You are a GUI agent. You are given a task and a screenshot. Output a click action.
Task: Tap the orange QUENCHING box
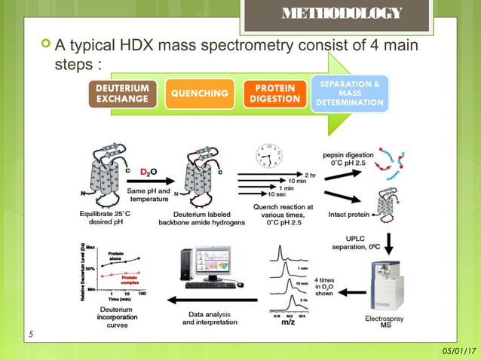click(x=200, y=93)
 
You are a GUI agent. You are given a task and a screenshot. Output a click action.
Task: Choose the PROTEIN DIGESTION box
click(x=275, y=94)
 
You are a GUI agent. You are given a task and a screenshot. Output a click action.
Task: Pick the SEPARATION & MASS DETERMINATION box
click(x=350, y=92)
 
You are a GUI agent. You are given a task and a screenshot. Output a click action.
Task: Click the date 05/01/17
click(x=458, y=351)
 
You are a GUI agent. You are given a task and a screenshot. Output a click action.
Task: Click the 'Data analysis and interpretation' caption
click(x=210, y=319)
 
